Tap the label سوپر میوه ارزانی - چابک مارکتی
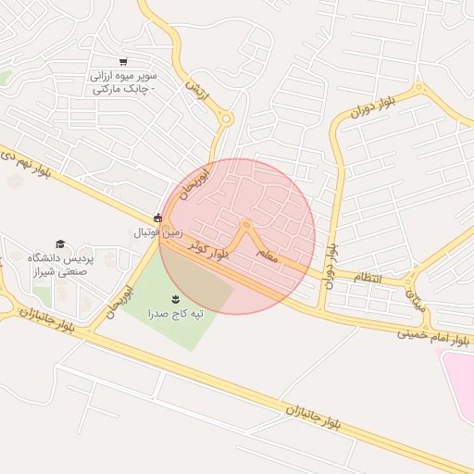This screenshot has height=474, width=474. click(124, 81)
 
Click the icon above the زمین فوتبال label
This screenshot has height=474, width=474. click(157, 218)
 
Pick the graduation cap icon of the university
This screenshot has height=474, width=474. click(60, 243)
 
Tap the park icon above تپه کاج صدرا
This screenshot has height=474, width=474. click(176, 298)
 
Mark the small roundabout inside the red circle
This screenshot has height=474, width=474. click(246, 224)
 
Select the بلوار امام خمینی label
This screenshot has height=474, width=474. click(436, 335)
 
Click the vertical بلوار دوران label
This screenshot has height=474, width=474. click(331, 262)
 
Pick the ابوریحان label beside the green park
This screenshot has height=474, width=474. click(132, 303)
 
